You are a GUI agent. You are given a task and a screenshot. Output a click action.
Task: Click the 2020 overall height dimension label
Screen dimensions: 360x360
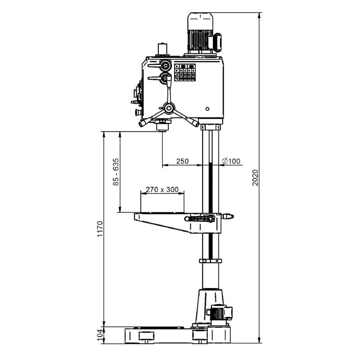tap(255, 178)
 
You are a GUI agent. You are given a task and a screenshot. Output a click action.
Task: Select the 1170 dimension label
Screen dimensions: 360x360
tap(100, 229)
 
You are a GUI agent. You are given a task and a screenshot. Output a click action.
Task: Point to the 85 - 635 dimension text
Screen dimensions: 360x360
tap(116, 172)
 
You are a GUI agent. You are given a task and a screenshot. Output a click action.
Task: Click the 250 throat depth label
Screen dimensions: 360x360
tap(182, 161)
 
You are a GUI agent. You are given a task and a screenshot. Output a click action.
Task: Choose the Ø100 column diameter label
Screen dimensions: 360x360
tap(231, 161)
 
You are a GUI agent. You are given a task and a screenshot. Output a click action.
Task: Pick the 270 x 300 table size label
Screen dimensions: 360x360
tap(162, 189)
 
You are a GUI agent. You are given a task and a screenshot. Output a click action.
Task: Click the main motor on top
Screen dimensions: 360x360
tap(204, 33)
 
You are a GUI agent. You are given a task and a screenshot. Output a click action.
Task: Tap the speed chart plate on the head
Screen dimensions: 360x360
tap(185, 72)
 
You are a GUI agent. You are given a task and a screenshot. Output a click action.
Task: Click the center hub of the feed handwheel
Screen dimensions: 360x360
tap(169, 108)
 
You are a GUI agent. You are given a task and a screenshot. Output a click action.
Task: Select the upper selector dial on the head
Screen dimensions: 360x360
tap(165, 65)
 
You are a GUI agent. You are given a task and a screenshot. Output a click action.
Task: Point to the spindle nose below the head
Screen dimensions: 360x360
tap(162, 127)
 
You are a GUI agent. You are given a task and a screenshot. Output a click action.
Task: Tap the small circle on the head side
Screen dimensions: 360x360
tap(207, 109)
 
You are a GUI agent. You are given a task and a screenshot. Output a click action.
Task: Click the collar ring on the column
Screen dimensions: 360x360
tap(211, 261)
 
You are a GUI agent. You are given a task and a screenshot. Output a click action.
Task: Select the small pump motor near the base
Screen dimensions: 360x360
tap(220, 313)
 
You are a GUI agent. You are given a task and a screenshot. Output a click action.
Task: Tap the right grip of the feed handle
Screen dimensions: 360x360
tap(193, 122)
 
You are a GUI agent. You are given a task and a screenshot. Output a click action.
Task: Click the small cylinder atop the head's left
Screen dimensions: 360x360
tap(162, 49)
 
